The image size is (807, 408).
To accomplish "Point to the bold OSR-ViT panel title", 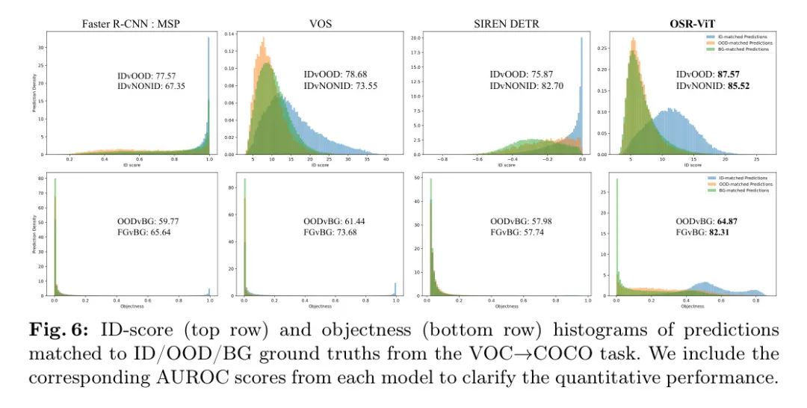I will click(x=688, y=24).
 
